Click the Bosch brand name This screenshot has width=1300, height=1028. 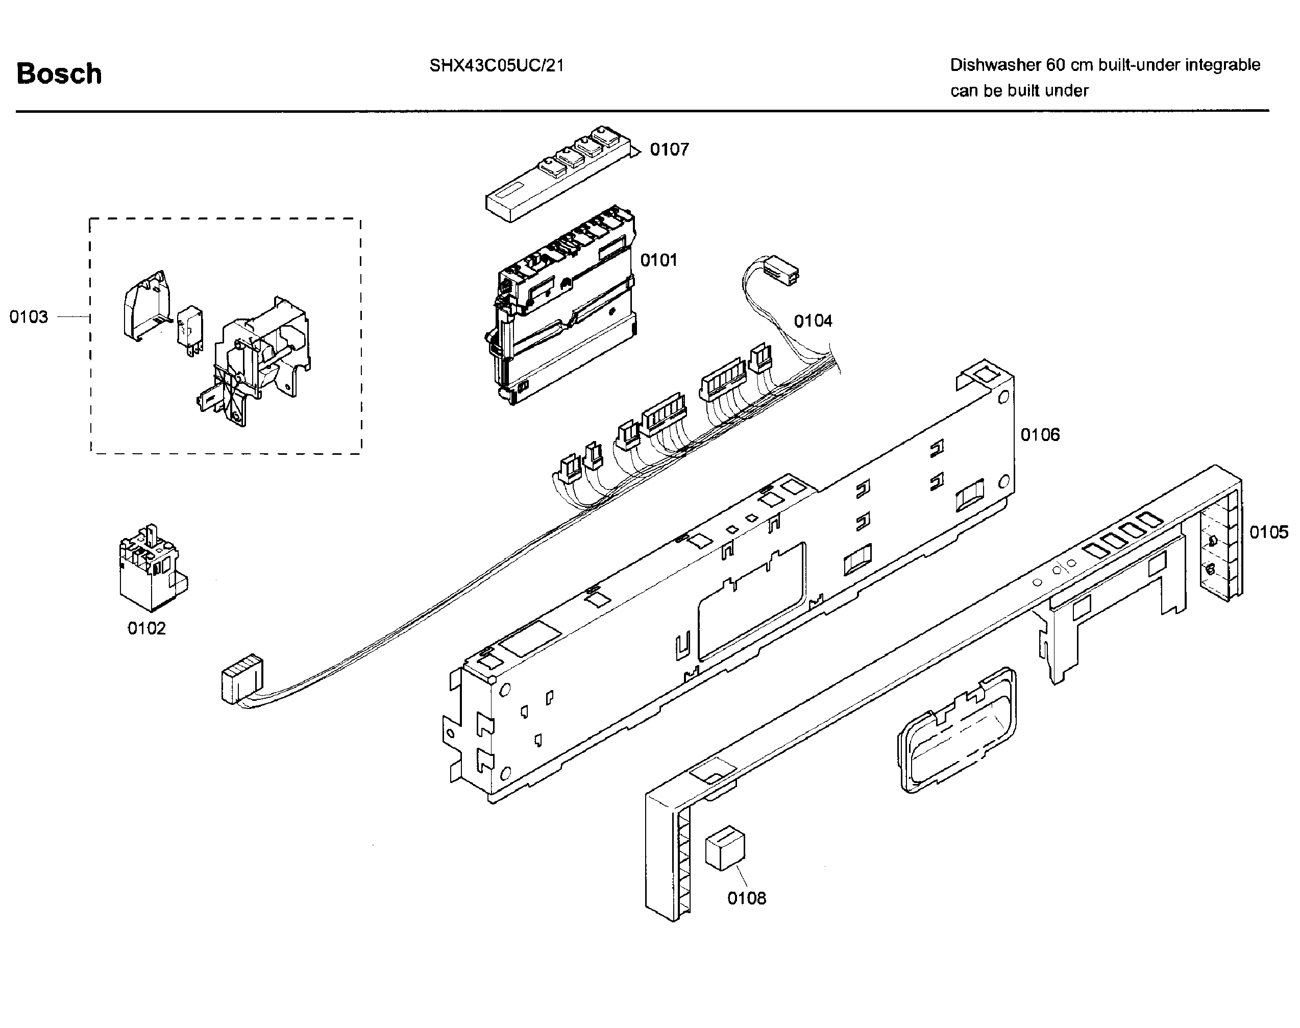click(x=59, y=74)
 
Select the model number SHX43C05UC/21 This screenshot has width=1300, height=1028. click(x=497, y=66)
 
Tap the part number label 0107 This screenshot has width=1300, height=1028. click(x=669, y=149)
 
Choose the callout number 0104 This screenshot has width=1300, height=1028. click(x=813, y=321)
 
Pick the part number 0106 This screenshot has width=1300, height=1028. click(x=1040, y=434)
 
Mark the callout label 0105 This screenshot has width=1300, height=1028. click(x=1269, y=532)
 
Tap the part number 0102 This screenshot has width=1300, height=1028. click(x=146, y=628)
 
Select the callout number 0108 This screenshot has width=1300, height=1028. click(x=747, y=898)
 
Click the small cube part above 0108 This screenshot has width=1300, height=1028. click(x=725, y=847)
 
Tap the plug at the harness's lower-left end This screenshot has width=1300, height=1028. click(x=242, y=678)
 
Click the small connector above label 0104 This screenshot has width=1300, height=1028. click(x=780, y=270)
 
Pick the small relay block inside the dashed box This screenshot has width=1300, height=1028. click(x=189, y=333)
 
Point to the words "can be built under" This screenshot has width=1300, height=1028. click(x=1020, y=91)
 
